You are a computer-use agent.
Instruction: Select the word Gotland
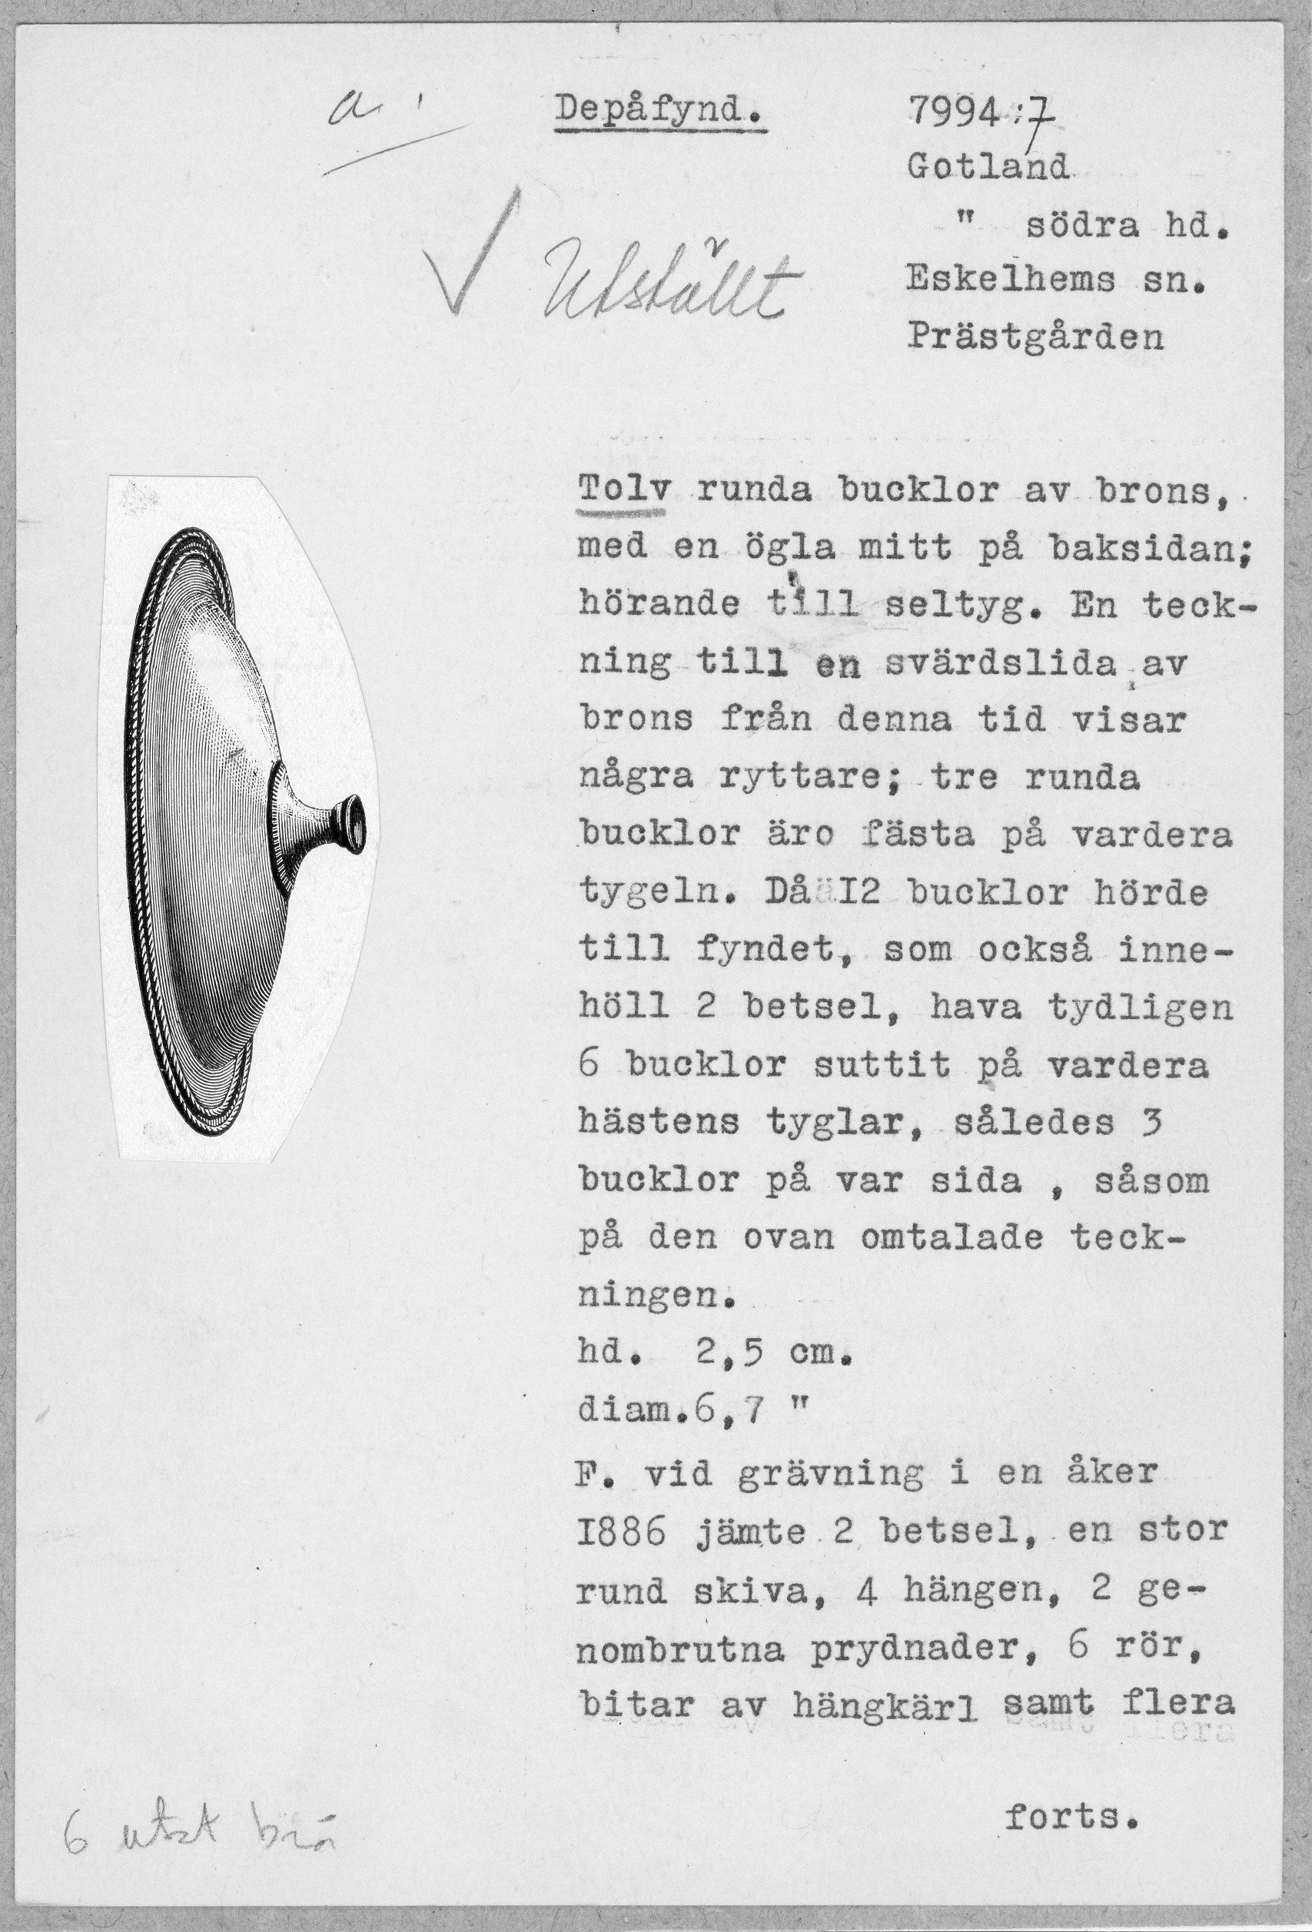point(987,170)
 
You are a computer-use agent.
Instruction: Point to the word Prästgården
point(1035,337)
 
